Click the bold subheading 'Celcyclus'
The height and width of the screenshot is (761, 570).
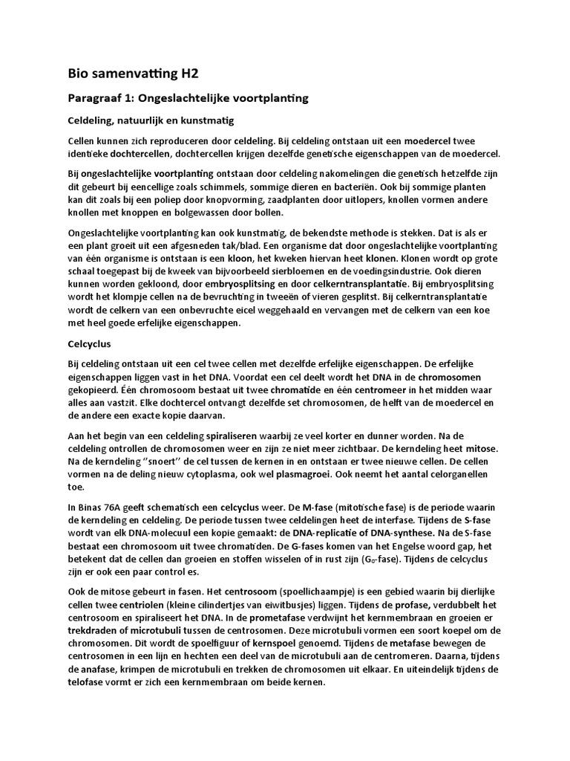coord(90,345)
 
